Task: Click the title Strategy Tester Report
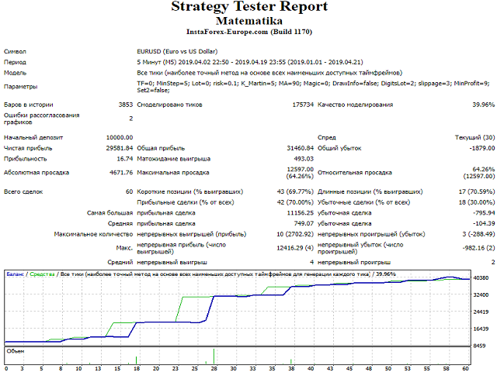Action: (248, 7)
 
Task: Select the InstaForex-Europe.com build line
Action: (248, 33)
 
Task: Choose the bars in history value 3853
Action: (125, 104)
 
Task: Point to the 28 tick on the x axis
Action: (214, 368)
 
